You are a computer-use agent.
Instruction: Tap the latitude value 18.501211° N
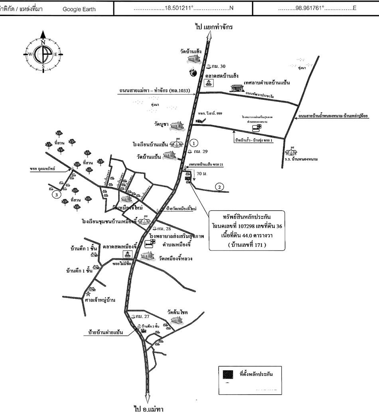(183, 8)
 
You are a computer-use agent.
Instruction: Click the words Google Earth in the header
(79, 9)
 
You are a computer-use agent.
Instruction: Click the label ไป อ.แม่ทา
(148, 408)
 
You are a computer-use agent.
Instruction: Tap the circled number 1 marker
(193, 143)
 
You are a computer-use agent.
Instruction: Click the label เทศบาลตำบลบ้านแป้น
(266, 83)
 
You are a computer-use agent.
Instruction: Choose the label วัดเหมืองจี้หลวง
(176, 258)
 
